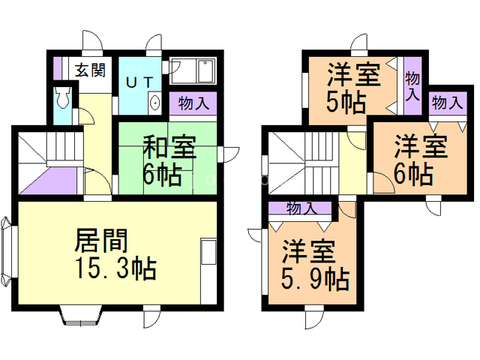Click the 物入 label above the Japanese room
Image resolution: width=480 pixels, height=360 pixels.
193,102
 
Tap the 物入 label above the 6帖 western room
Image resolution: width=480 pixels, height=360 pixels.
447,102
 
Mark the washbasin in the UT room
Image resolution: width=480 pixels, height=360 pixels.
154,102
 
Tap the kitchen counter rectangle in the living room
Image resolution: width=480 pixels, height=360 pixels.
208,251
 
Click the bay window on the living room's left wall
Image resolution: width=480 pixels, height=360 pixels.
6,253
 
